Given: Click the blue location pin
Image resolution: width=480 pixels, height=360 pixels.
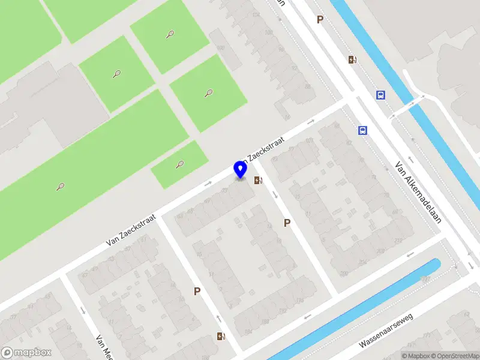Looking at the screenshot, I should coord(241,170).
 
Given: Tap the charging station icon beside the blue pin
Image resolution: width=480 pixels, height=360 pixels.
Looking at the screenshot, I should coord(258,180).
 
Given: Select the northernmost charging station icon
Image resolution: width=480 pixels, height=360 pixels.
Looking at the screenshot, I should coord(352,59).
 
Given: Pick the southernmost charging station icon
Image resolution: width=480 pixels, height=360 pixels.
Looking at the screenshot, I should coord(221,337).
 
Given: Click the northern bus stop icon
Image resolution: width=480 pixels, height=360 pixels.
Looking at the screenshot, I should coord(380,95).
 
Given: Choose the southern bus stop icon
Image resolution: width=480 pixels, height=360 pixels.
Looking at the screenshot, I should coord(362,130).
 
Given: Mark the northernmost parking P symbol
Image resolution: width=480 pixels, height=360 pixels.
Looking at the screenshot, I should coord(320,20).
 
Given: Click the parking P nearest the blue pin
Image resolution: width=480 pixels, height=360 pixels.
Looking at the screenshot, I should coord(287,223).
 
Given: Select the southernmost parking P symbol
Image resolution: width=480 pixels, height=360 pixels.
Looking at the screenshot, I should coord(197,292).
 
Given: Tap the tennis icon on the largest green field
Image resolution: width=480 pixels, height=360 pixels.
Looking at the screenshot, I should coord(61,186).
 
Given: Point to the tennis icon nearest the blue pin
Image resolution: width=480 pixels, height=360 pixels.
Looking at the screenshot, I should coord(179,164).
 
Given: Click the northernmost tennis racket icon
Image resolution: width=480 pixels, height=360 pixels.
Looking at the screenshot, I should coord(170,34).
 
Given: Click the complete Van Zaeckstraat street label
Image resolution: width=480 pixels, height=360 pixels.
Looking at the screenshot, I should coord(131,230).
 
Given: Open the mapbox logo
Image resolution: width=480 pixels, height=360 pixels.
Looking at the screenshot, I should coord(26,353).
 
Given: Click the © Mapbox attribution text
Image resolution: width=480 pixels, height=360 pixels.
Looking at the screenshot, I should coord(415,356).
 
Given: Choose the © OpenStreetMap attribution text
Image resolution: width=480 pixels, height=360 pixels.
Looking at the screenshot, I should coord(454,356).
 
